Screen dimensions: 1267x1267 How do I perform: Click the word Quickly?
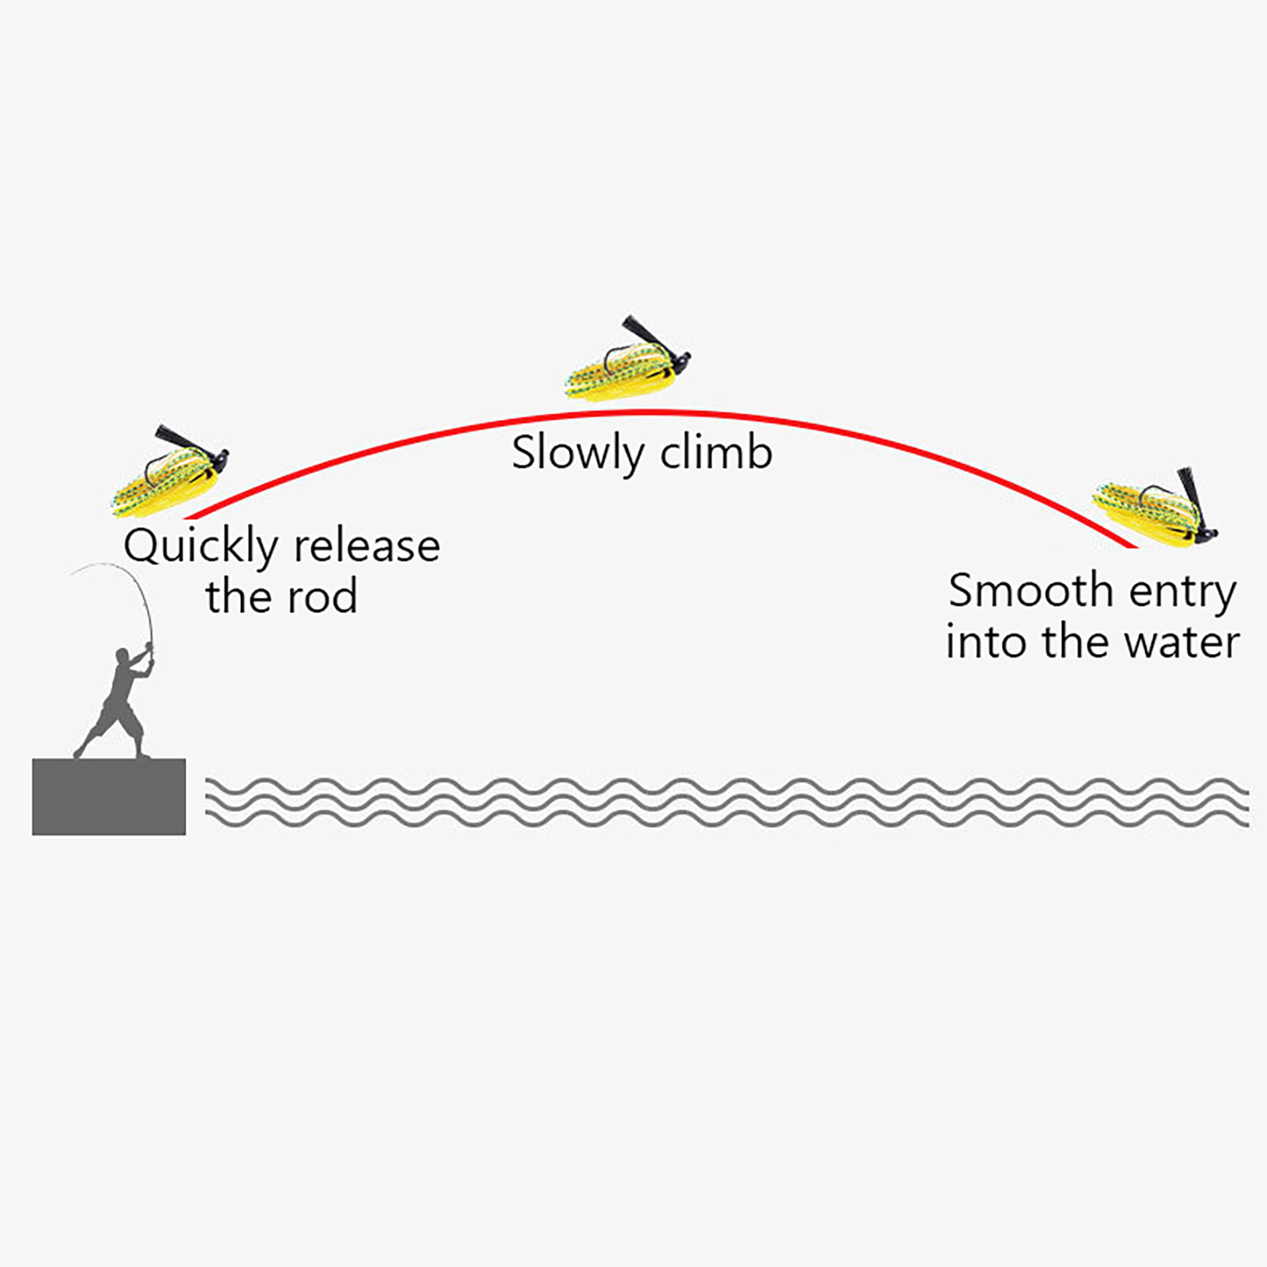click(200, 546)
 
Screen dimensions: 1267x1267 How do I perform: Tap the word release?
click(367, 546)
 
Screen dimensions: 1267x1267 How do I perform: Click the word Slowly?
click(577, 454)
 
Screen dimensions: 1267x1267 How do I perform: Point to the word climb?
click(717, 453)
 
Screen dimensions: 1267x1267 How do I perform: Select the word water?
click(1182, 641)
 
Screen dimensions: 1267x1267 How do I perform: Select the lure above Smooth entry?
click(1155, 507)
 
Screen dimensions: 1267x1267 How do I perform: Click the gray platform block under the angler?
click(109, 797)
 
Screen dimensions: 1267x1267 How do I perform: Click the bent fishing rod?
click(135, 586)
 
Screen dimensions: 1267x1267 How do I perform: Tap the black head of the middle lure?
click(679, 364)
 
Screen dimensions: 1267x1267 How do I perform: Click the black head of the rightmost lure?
click(1205, 532)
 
